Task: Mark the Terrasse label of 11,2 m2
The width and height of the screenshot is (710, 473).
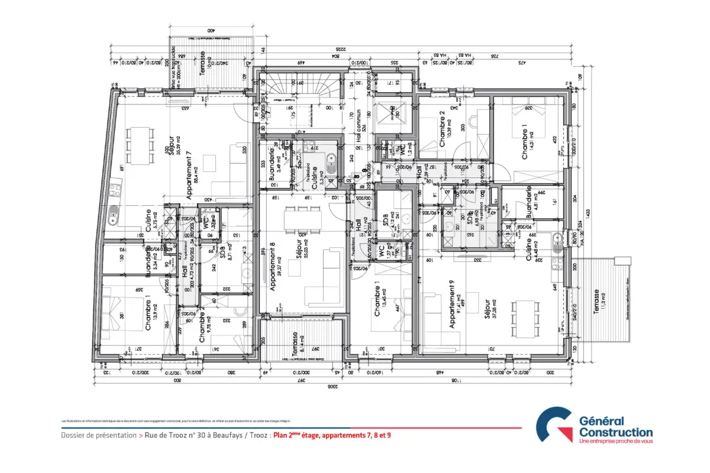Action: [597, 306]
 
